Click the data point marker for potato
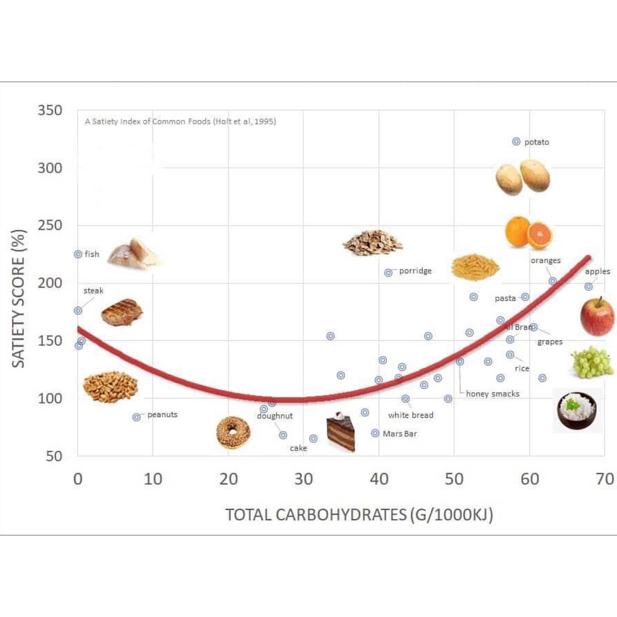[516, 141]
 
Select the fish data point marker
[78, 255]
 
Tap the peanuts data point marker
[136, 417]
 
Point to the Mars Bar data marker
[375, 433]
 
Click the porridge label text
[415, 271]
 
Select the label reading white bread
[410, 415]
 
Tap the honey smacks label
[492, 394]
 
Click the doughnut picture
[233, 433]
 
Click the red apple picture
[597, 317]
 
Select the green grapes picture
[592, 362]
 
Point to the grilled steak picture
[122, 312]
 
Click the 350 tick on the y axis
[50, 110]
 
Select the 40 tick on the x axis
[379, 479]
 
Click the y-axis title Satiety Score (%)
[18, 299]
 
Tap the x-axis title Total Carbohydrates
[359, 514]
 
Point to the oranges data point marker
[553, 281]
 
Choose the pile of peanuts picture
[111, 386]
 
